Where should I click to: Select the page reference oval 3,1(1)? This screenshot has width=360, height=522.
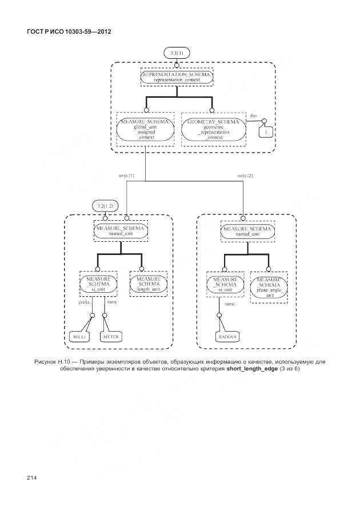coord(177,53)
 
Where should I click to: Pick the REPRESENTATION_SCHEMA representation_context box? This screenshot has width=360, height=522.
coord(177,78)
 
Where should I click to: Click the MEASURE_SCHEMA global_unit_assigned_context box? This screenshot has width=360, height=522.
coord(145,130)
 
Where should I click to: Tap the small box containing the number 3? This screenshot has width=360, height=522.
coord(265,132)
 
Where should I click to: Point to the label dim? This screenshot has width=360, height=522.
coord(253,116)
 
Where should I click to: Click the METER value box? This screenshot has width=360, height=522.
coord(110,337)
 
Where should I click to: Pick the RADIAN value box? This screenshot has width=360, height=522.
coord(227,337)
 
